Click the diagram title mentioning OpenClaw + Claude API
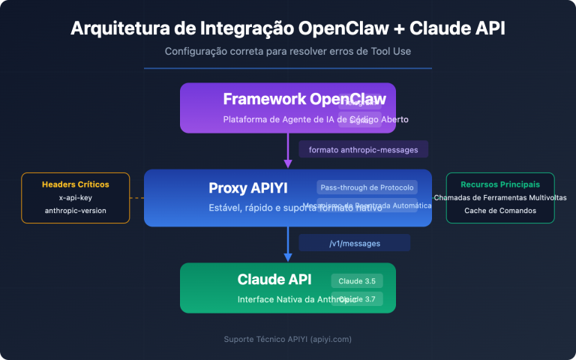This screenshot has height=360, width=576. tap(288, 28)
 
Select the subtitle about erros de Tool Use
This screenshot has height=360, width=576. tap(288, 52)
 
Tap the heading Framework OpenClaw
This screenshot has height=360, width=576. tap(304, 99)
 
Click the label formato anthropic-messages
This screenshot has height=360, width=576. tap(363, 149)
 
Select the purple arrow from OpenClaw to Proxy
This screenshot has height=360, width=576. tap(288, 151)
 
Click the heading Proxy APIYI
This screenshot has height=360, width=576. tap(248, 187)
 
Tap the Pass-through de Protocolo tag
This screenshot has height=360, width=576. tap(366, 187)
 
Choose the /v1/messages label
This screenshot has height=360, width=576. tap(354, 242)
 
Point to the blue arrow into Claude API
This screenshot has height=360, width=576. tap(288, 244)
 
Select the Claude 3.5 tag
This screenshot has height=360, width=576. tap(357, 280)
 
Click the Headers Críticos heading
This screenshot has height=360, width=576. tap(75, 184)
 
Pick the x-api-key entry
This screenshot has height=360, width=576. tap(75, 197)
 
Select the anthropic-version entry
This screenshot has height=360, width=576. tap(75, 211)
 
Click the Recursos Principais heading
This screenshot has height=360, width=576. tap(499, 184)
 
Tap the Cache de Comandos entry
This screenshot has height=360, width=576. tap(499, 211)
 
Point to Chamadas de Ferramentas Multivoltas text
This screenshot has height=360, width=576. tap(499, 197)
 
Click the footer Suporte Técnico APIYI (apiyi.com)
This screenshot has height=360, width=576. tap(288, 339)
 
